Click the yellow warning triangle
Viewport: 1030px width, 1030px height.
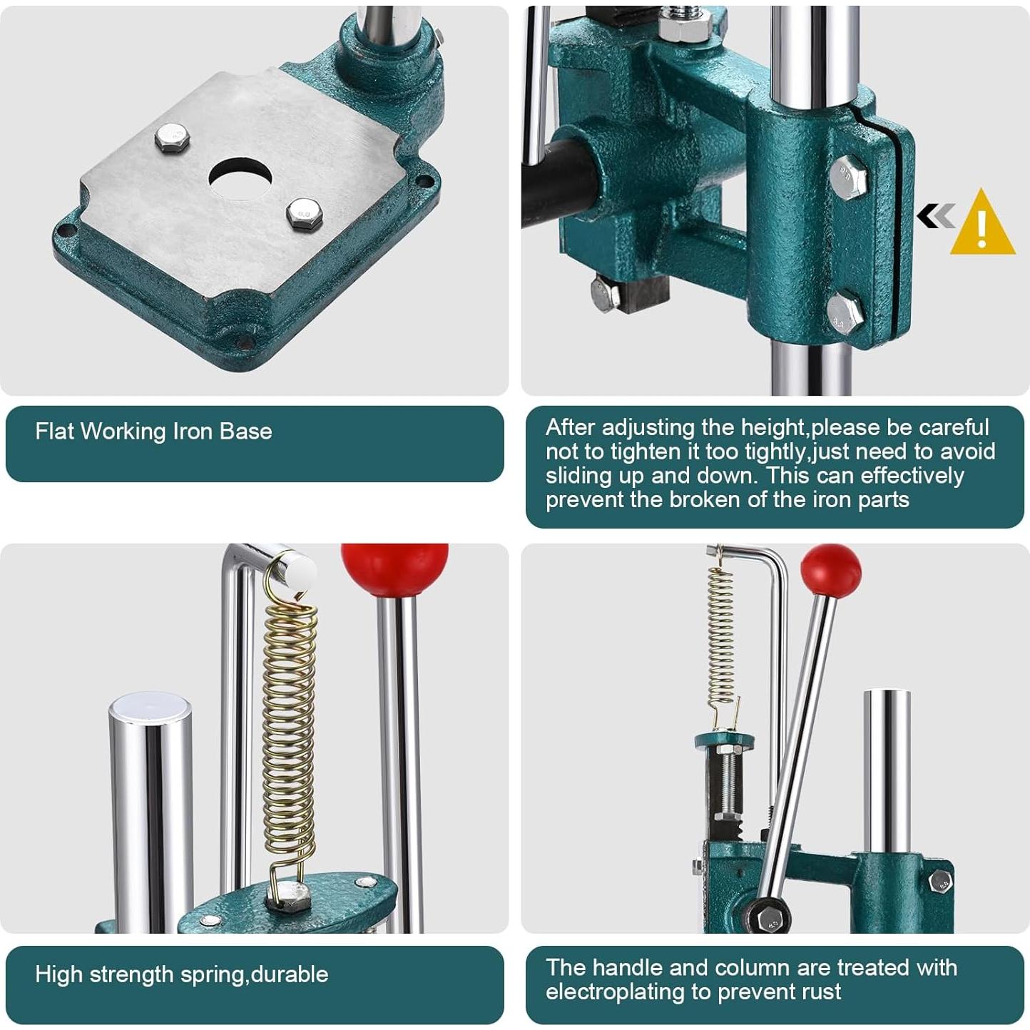(x=982, y=225)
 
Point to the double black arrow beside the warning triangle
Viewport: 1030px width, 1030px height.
(x=935, y=215)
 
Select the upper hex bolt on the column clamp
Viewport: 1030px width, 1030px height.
(x=849, y=175)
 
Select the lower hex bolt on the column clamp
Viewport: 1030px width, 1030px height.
(x=845, y=314)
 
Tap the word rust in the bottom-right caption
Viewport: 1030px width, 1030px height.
(x=821, y=991)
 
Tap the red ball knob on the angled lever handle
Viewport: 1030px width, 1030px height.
(x=830, y=569)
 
